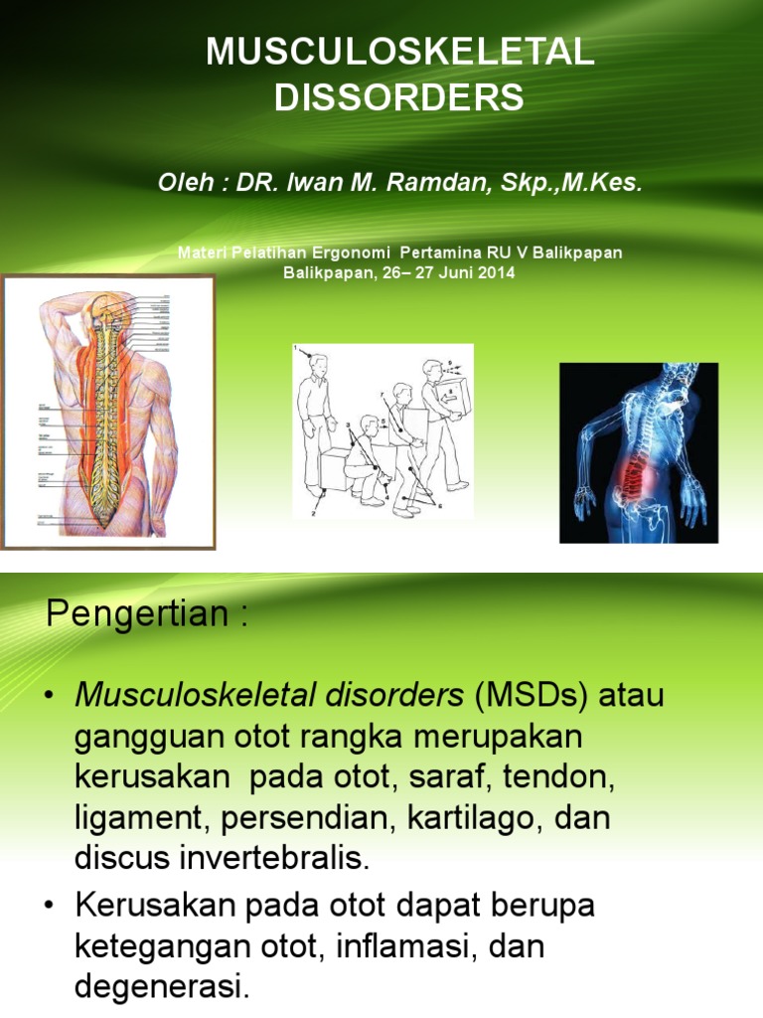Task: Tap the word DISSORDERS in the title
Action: (x=398, y=97)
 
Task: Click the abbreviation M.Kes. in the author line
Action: (x=598, y=184)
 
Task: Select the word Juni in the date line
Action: (x=453, y=271)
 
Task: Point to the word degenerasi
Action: (x=159, y=987)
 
